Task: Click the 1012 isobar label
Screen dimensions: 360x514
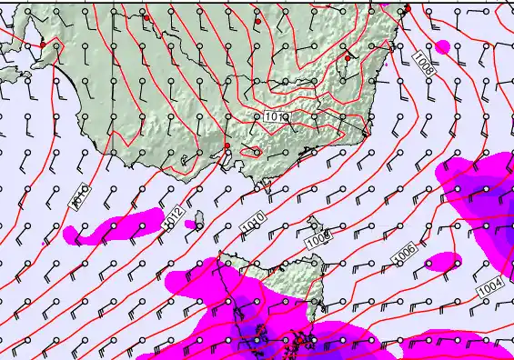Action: tap(176, 216)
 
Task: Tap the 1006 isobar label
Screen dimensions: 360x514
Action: tap(405, 256)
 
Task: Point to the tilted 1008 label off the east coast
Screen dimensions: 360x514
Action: tap(422, 62)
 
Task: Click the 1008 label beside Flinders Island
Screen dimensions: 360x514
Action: tap(317, 241)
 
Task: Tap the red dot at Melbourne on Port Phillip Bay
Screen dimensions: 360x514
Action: tap(227, 146)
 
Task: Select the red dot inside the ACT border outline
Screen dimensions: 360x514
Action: tap(348, 58)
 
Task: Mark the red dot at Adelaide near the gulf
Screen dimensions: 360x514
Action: tap(42, 44)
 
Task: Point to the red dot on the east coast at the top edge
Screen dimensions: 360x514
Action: tap(408, 8)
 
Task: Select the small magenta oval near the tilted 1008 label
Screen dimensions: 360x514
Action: tap(443, 45)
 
